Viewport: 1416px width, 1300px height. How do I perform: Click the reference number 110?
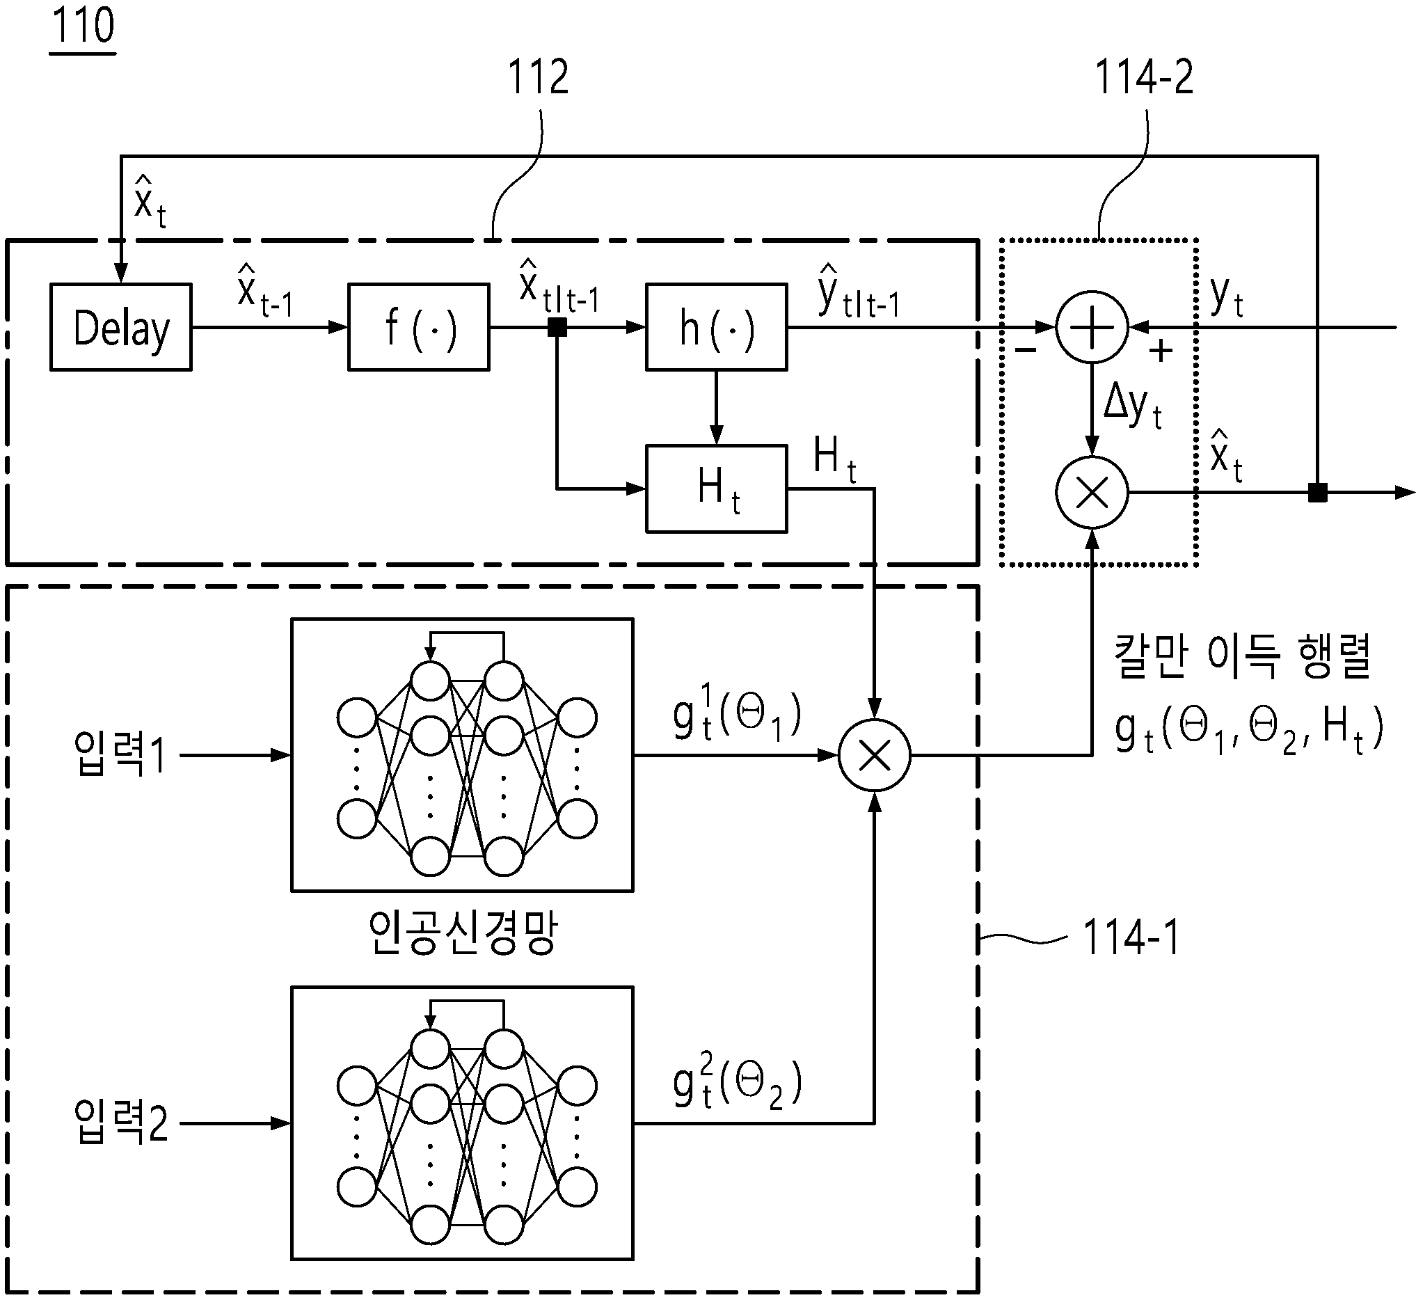(x=83, y=25)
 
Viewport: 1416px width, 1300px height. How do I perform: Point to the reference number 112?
(x=538, y=77)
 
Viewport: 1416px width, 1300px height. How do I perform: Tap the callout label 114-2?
(x=1145, y=77)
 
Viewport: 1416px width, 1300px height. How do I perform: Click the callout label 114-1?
(x=1131, y=937)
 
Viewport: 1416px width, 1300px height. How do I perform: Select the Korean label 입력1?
(x=120, y=754)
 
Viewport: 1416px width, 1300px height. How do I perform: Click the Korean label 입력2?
(x=120, y=1122)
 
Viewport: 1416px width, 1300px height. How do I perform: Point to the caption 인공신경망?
(x=462, y=932)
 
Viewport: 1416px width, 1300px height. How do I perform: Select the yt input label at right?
(x=1227, y=297)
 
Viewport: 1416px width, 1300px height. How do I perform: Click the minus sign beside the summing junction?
(x=1026, y=349)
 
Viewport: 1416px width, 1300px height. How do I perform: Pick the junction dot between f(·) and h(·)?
(x=557, y=327)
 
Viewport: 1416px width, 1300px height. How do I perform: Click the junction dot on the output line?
(x=1317, y=493)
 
